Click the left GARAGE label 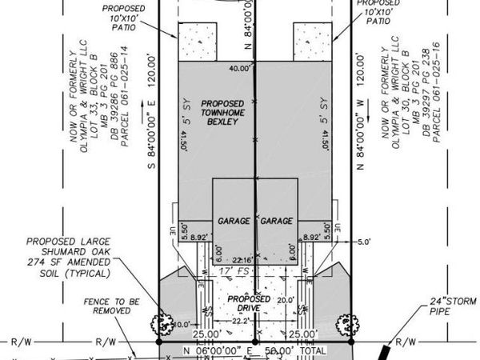pos(233,220)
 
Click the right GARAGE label pos(277,220)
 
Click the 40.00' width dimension pos(238,68)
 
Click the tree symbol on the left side pos(163,325)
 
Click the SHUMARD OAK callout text pos(78,255)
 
